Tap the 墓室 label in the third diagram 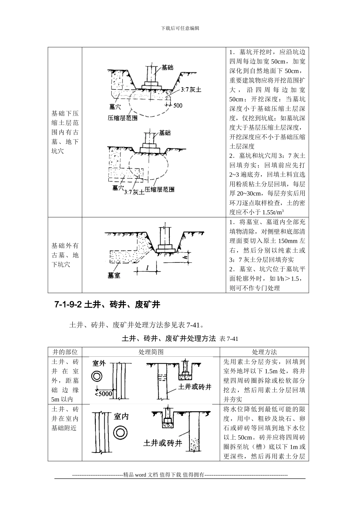(x=114, y=276)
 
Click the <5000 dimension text (x=103, y=393)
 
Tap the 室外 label (x=99, y=364)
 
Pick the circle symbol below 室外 (x=97, y=376)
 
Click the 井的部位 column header (x=65, y=352)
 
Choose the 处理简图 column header (x=151, y=352)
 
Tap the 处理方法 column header (x=264, y=352)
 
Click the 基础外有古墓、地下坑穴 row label (x=65, y=255)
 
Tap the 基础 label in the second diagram (x=164, y=133)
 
